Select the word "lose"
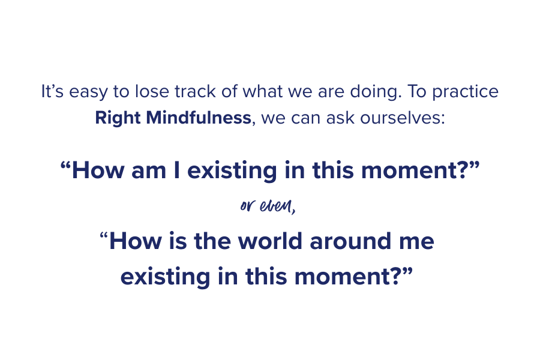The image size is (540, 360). [156, 92]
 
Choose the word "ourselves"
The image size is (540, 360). [395, 117]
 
